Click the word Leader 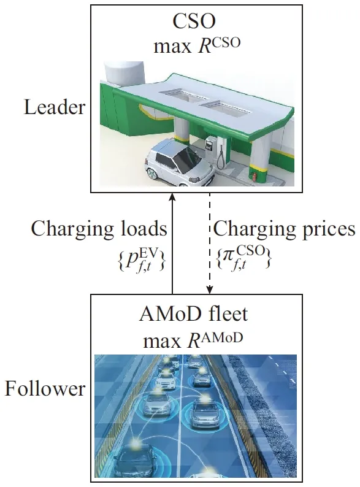[x=55, y=107]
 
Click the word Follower [x=45, y=388]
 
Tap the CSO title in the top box [x=194, y=21]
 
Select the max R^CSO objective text [x=197, y=45]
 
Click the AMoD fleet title [x=193, y=314]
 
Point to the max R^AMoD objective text [x=193, y=340]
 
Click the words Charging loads [x=99, y=229]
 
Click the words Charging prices [x=284, y=229]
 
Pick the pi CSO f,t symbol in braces [x=243, y=258]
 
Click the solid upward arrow [x=172, y=243]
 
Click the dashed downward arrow [x=210, y=243]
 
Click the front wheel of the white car [x=153, y=174]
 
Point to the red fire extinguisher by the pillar [x=255, y=177]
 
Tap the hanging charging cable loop [x=221, y=158]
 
